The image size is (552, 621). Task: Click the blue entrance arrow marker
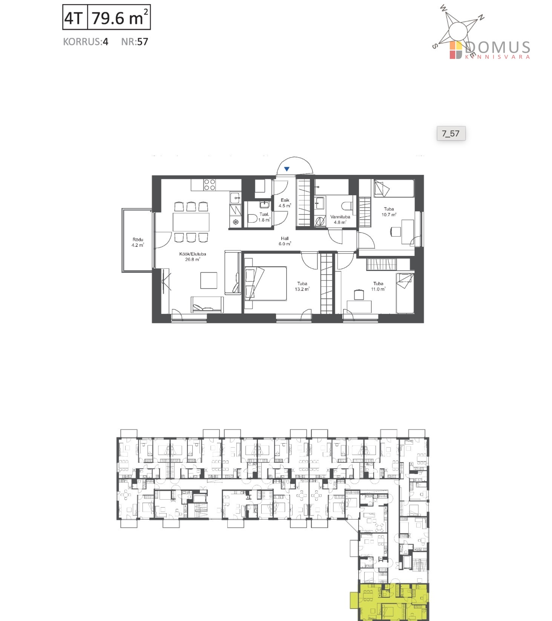coord(287,169)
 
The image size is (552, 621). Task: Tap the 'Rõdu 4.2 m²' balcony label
coord(138,242)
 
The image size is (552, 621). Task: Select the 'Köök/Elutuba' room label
coord(192,254)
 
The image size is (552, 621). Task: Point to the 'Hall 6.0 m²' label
coord(285,241)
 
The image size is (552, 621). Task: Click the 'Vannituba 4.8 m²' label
coord(340,219)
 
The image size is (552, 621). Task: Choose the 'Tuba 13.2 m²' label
coord(302,286)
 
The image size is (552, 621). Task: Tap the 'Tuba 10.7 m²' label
coord(389,212)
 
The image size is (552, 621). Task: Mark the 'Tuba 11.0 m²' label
coord(378,286)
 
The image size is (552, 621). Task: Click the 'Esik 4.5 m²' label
coord(285,203)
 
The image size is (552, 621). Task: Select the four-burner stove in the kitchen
coord(210,185)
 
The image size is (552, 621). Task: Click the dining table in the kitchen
coord(191,222)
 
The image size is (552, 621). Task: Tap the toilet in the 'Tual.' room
coord(253,219)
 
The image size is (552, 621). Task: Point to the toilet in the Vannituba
coord(347,206)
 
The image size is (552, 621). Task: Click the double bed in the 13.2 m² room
coord(265,283)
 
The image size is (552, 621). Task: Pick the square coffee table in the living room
coord(209,280)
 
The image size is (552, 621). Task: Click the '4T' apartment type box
coord(75,17)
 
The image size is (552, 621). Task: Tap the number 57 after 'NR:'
coord(143,41)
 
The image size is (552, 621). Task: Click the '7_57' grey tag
coord(451,133)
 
